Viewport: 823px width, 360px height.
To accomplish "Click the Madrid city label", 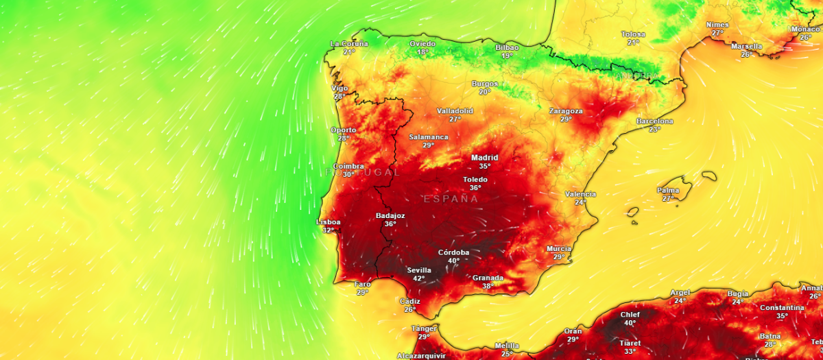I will pyautogui.click(x=485, y=158).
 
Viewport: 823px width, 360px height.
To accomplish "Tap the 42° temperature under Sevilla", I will pyautogui.click(x=418, y=278).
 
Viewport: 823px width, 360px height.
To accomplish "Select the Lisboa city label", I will pyautogui.click(x=328, y=222).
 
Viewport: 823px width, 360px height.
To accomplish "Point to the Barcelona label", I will pyautogui.click(x=655, y=121).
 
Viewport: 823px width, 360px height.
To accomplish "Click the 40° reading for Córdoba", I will pyautogui.click(x=453, y=261).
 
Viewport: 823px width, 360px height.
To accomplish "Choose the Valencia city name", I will pyautogui.click(x=580, y=194).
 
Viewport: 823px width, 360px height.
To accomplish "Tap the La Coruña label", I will pyautogui.click(x=349, y=44).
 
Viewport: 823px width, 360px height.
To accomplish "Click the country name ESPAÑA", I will pyautogui.click(x=451, y=199).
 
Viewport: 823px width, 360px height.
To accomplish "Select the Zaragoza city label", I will pyautogui.click(x=566, y=111).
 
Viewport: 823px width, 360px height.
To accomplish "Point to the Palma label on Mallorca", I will pyautogui.click(x=668, y=190).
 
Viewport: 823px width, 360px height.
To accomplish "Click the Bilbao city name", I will pyautogui.click(x=507, y=48).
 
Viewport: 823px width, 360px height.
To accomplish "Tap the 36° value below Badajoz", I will pyautogui.click(x=390, y=224).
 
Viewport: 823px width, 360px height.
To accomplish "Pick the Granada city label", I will pyautogui.click(x=488, y=278).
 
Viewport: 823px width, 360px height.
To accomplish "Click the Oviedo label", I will pyautogui.click(x=422, y=44).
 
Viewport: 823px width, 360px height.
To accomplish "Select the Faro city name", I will pyautogui.click(x=362, y=284).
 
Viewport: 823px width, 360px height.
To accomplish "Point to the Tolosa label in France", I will pyautogui.click(x=633, y=34).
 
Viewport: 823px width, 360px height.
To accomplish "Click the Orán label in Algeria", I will pyautogui.click(x=573, y=331).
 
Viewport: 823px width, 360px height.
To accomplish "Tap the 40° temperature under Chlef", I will pyautogui.click(x=630, y=323).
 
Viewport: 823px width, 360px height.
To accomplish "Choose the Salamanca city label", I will pyautogui.click(x=429, y=137).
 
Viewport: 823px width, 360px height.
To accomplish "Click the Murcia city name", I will pyautogui.click(x=559, y=249).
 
